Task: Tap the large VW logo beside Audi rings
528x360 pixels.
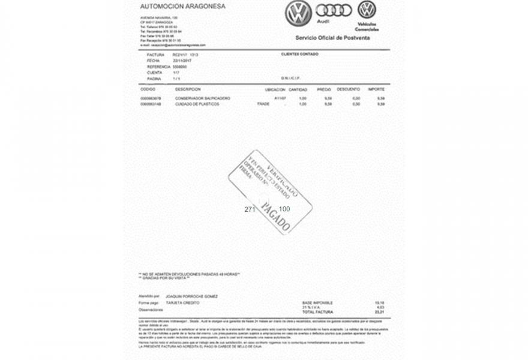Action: point(296,12)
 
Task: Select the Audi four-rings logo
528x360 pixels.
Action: point(332,10)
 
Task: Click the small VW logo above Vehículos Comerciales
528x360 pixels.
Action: point(367,9)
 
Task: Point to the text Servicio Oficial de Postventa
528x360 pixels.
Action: point(332,37)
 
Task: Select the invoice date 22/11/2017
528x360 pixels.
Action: point(181,61)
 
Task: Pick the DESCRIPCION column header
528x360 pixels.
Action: point(188,89)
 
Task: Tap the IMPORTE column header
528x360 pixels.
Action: point(376,89)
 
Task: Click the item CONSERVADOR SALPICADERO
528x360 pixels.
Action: point(202,98)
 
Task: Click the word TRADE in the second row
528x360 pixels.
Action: point(263,104)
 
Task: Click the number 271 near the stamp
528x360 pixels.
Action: point(250,209)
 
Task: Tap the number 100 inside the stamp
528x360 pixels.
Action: point(284,209)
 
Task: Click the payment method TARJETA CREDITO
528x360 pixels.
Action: point(179,303)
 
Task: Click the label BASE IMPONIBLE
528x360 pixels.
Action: point(317,302)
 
